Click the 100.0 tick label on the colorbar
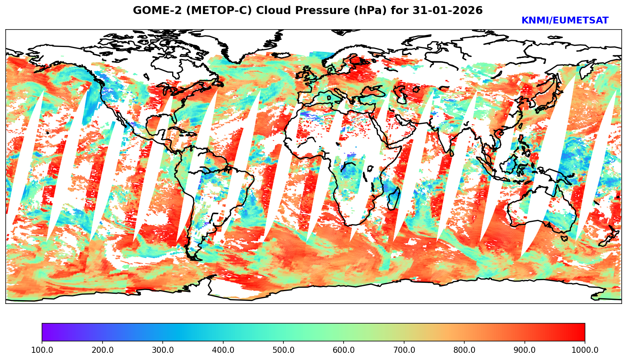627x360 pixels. [x=42, y=350]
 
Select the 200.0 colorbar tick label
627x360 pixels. [x=102, y=350]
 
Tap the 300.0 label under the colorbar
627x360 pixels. [x=163, y=350]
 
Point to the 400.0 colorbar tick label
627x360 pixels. [x=223, y=350]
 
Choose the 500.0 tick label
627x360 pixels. [x=283, y=350]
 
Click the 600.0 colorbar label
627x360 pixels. [x=344, y=350]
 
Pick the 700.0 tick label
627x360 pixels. [x=404, y=350]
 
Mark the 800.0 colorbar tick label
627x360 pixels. [x=464, y=350]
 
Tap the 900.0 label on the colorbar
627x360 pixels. [x=525, y=350]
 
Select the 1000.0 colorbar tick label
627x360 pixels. [x=585, y=350]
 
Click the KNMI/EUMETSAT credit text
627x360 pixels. [x=565, y=21]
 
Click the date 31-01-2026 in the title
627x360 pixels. [x=448, y=11]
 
